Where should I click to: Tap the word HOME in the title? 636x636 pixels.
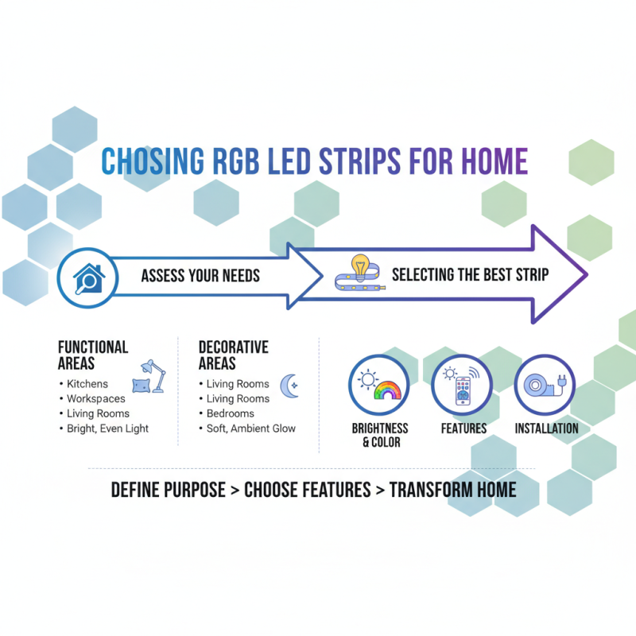494,161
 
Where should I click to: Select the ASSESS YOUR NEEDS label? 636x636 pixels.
200,276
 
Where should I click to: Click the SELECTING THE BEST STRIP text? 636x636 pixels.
470,276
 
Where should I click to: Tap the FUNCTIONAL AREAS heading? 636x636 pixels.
93,355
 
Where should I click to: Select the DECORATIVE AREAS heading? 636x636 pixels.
233,355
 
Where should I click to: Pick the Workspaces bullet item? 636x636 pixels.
95,398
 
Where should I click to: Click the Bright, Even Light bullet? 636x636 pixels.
107,429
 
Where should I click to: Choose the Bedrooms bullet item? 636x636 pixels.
230,413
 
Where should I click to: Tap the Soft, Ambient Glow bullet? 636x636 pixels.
250,429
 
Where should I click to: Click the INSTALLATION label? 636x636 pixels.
546,429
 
